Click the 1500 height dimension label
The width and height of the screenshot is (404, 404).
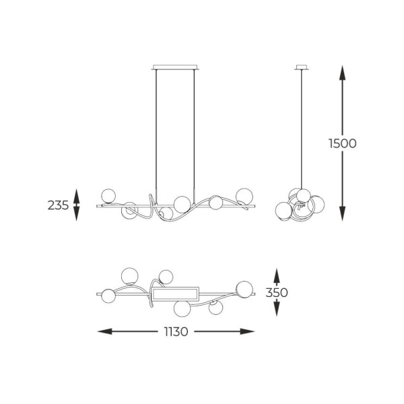(x=343, y=143)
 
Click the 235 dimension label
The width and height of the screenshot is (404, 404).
(x=58, y=205)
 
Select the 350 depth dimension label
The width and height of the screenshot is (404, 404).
(x=277, y=292)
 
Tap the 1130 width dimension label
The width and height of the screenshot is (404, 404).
(x=176, y=331)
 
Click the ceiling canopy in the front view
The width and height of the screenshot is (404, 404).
(x=175, y=67)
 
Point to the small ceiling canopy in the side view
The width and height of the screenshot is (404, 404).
(x=302, y=67)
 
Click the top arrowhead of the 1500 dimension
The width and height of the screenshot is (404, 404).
(x=343, y=73)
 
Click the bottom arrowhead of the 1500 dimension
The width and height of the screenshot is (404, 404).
(x=343, y=213)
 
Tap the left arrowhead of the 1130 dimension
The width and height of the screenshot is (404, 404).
(x=104, y=331)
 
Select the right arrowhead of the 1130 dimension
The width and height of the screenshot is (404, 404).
(x=247, y=331)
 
